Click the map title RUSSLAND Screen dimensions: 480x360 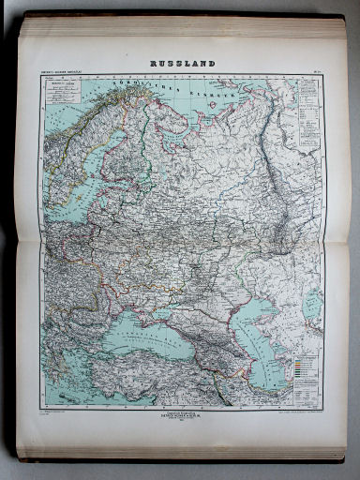(x=183, y=64)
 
